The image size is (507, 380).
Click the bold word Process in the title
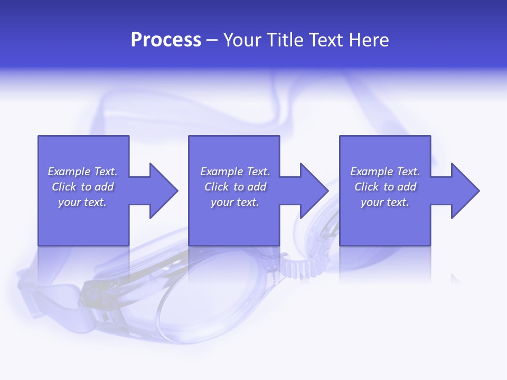pos(166,40)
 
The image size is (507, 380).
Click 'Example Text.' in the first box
pos(82,172)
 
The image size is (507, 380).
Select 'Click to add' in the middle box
pos(235,187)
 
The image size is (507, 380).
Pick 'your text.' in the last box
pos(385,202)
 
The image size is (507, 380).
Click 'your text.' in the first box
pos(82,202)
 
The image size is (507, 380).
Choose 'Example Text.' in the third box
pos(385,172)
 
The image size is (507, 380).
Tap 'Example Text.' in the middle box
pos(235,172)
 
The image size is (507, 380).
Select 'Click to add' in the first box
pos(82,187)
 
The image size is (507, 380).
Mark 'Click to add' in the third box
pos(385,187)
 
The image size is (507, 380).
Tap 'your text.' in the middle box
pos(235,202)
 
